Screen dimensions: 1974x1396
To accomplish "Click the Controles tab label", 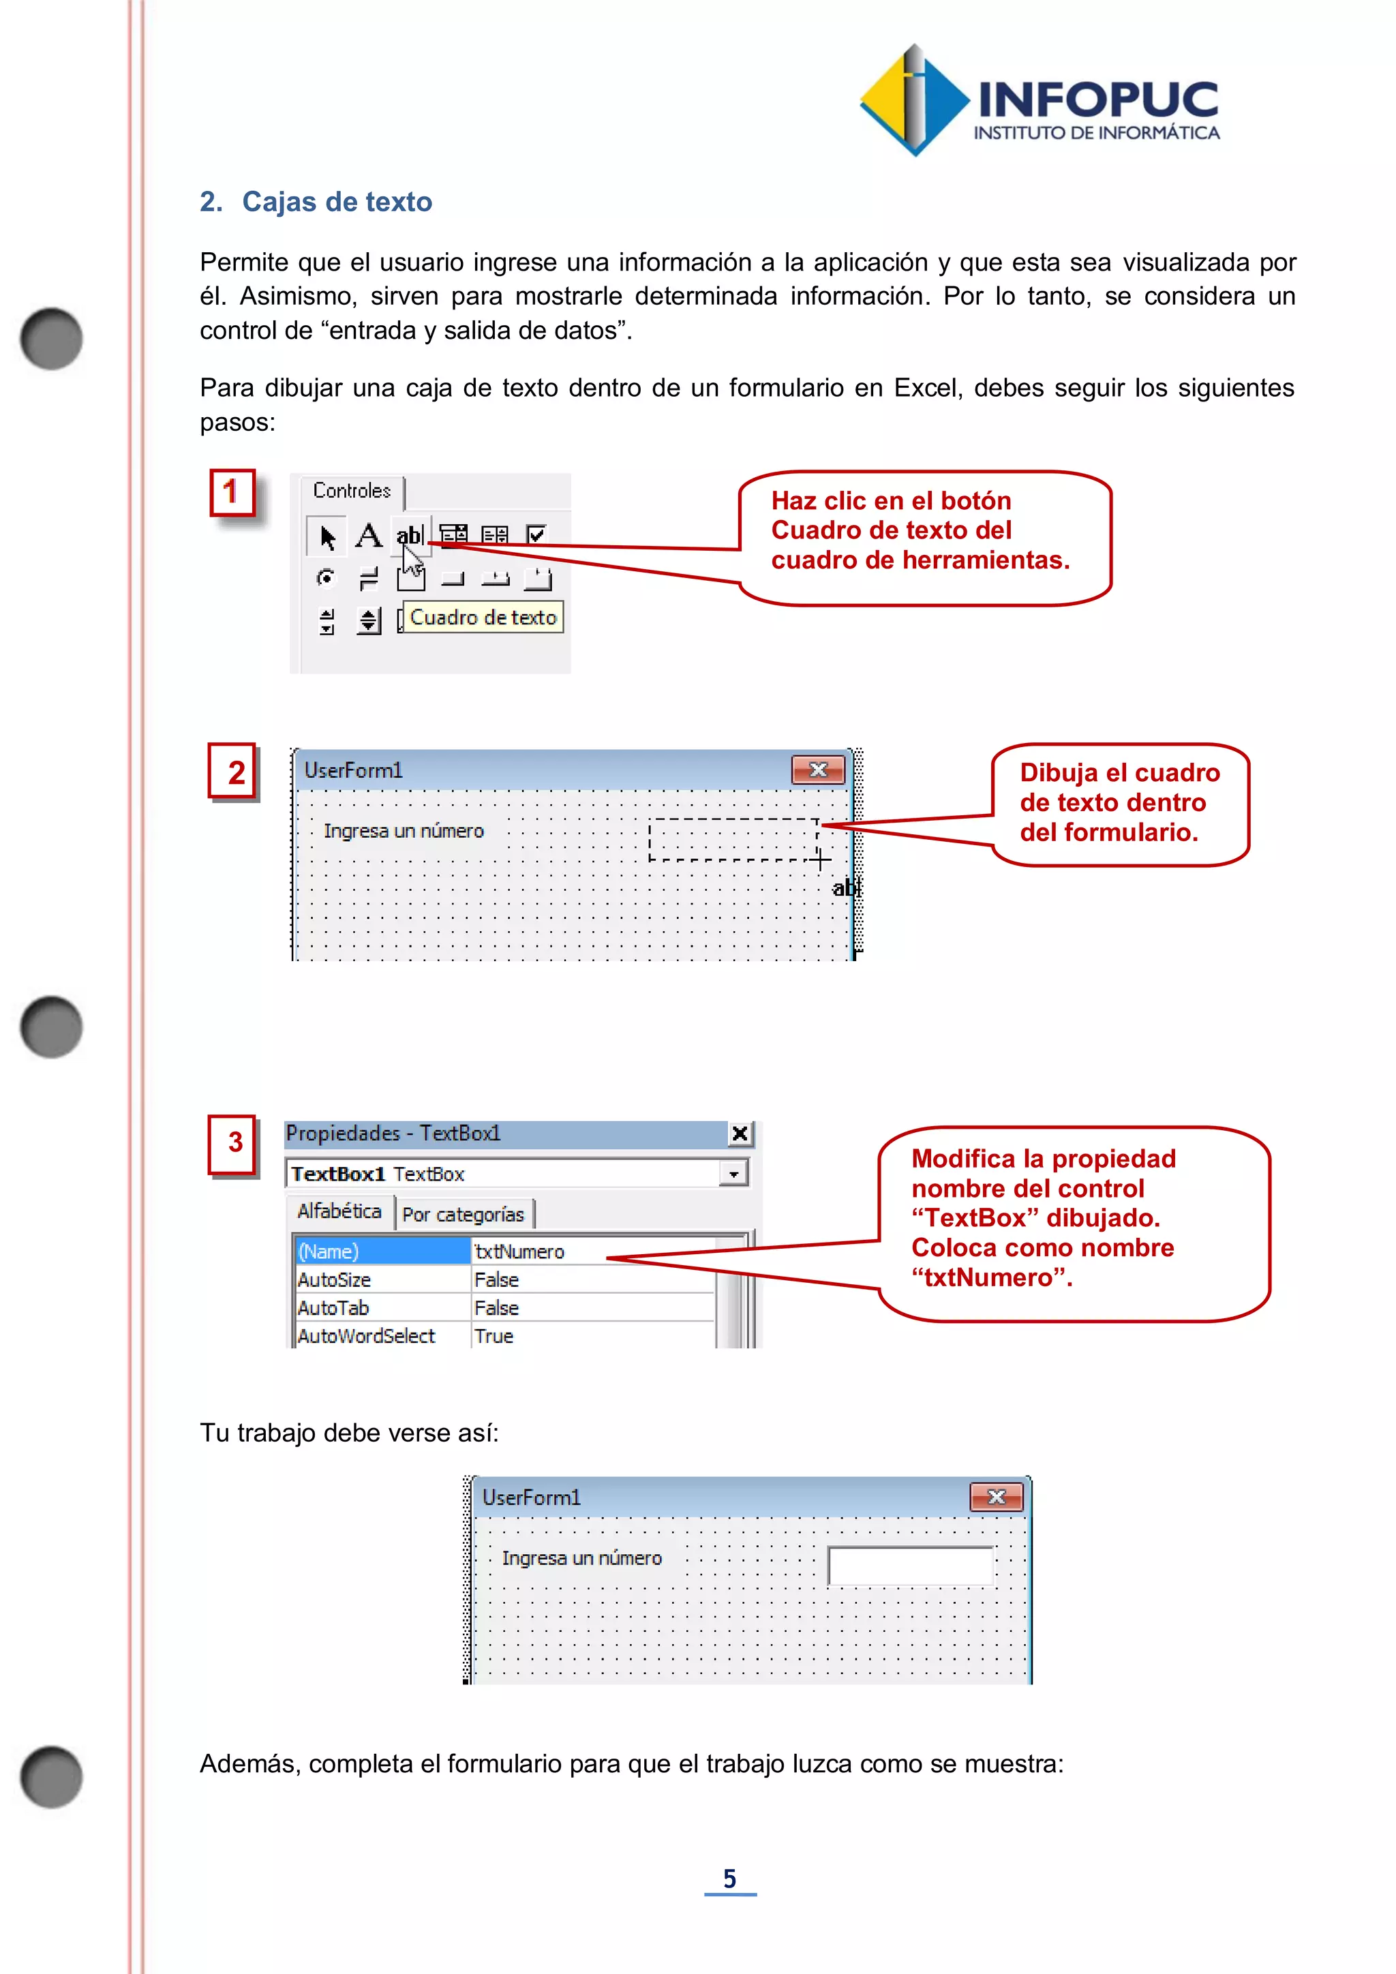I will point(352,490).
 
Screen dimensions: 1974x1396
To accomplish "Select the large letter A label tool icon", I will point(368,536).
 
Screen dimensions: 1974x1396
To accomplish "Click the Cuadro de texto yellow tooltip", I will point(483,618).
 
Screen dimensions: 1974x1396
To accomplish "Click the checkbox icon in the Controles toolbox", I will point(537,535).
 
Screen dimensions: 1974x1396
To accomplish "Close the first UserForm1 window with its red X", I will point(817,770).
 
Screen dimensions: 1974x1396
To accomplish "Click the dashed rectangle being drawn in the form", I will point(732,839).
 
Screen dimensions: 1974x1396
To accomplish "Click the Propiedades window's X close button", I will point(740,1134).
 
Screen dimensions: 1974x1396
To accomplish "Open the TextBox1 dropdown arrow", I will point(733,1174).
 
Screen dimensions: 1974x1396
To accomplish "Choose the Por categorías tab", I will point(462,1214).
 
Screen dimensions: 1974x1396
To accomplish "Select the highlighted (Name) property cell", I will point(382,1251).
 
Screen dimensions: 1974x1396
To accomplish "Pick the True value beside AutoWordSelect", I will point(494,1335).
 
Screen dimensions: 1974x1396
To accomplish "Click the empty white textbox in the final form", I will point(909,1565).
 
